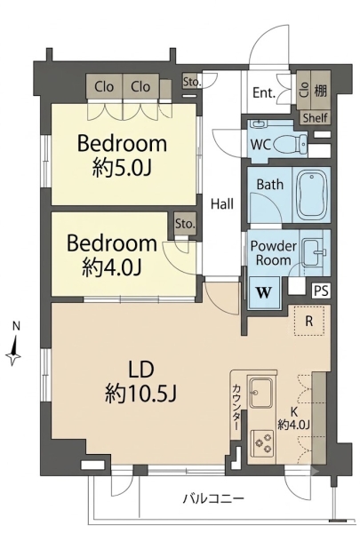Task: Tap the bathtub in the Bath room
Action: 312,194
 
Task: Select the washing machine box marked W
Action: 264,292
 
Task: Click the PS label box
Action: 321,290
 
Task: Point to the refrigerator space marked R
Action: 309,321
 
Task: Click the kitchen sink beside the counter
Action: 261,393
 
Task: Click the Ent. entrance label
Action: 264,92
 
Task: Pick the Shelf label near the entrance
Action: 316,118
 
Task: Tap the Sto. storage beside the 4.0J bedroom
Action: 185,224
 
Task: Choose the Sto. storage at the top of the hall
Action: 192,82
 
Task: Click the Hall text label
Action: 222,204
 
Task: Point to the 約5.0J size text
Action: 122,168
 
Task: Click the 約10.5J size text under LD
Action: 140,394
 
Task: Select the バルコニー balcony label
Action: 214,499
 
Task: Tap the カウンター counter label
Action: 236,407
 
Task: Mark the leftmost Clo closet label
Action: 104,87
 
